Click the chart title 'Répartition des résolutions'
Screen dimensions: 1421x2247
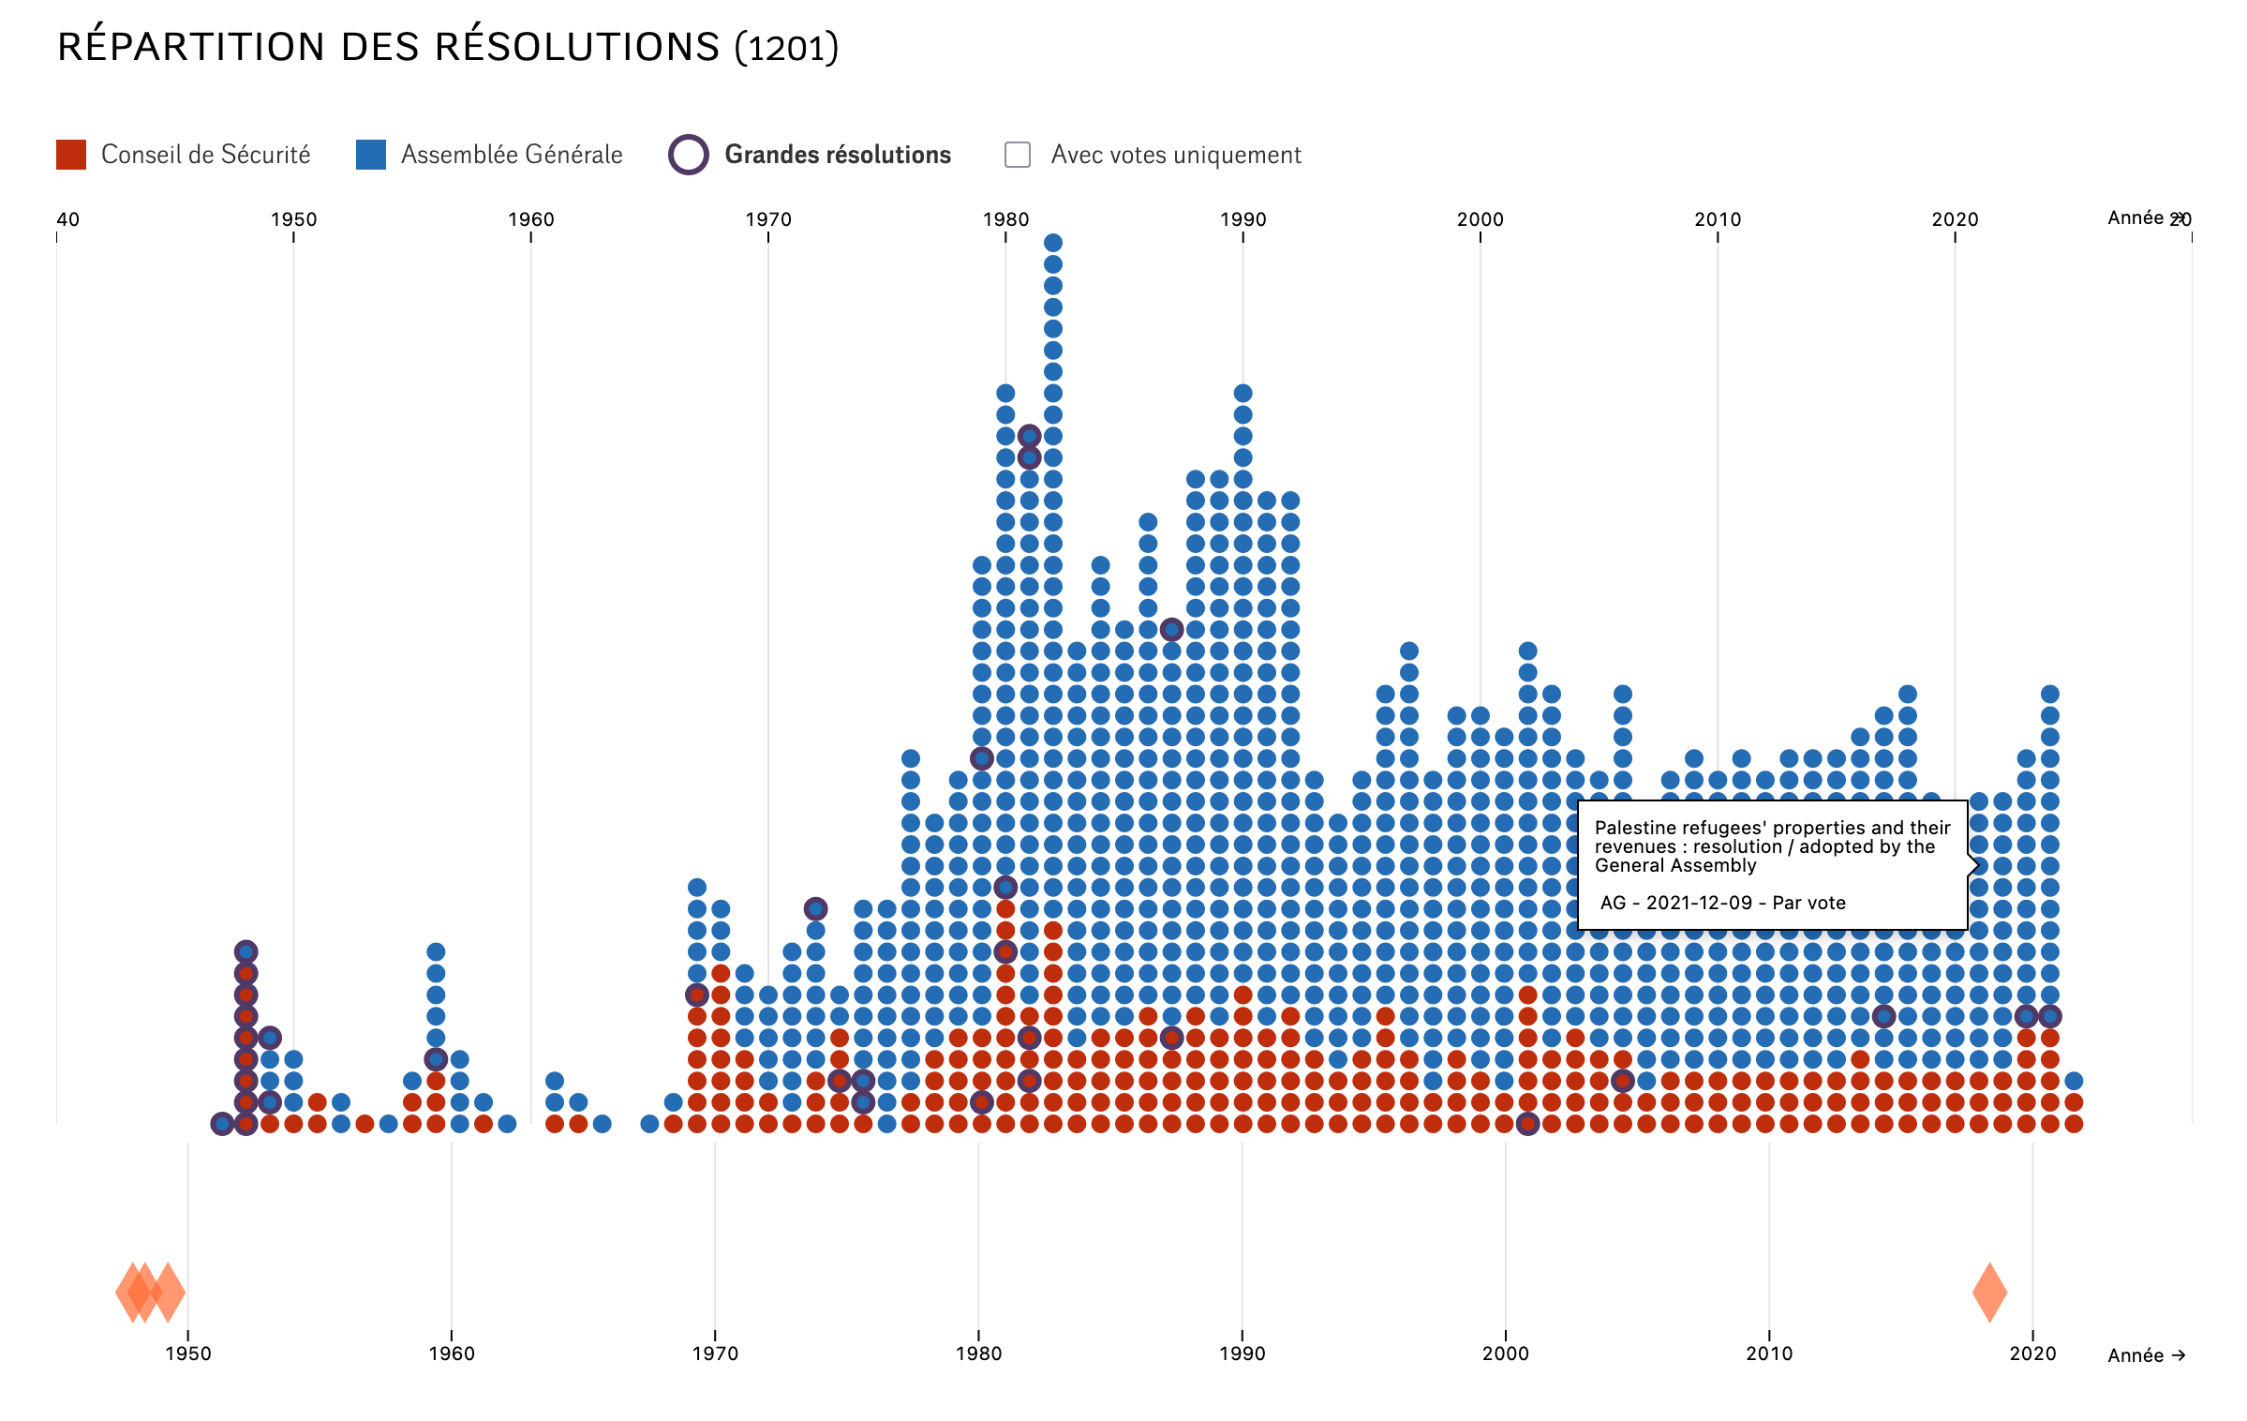(x=388, y=47)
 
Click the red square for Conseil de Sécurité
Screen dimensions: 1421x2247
(x=71, y=155)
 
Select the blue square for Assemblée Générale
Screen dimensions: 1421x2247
(x=371, y=155)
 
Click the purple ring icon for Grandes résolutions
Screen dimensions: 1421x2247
(x=688, y=155)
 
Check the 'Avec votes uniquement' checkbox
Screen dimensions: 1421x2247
(x=1018, y=155)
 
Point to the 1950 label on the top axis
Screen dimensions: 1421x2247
(x=293, y=219)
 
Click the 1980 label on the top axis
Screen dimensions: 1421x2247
(x=1005, y=219)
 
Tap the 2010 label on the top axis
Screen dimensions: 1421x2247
(x=1718, y=219)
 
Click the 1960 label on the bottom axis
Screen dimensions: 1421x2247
(x=452, y=1354)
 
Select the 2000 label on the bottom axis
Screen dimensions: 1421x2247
(x=1506, y=1354)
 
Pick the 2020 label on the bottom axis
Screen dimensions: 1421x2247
(x=2032, y=1354)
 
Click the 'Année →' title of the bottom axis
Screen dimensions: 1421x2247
(x=2146, y=1355)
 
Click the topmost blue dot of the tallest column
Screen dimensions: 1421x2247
(x=1053, y=243)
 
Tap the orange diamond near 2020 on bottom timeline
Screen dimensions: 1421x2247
(x=1989, y=1292)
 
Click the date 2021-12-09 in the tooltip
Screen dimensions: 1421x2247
(x=1699, y=903)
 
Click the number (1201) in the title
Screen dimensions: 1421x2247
(x=787, y=47)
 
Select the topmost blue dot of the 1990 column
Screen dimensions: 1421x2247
(x=1243, y=393)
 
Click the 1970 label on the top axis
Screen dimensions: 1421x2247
(x=768, y=219)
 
